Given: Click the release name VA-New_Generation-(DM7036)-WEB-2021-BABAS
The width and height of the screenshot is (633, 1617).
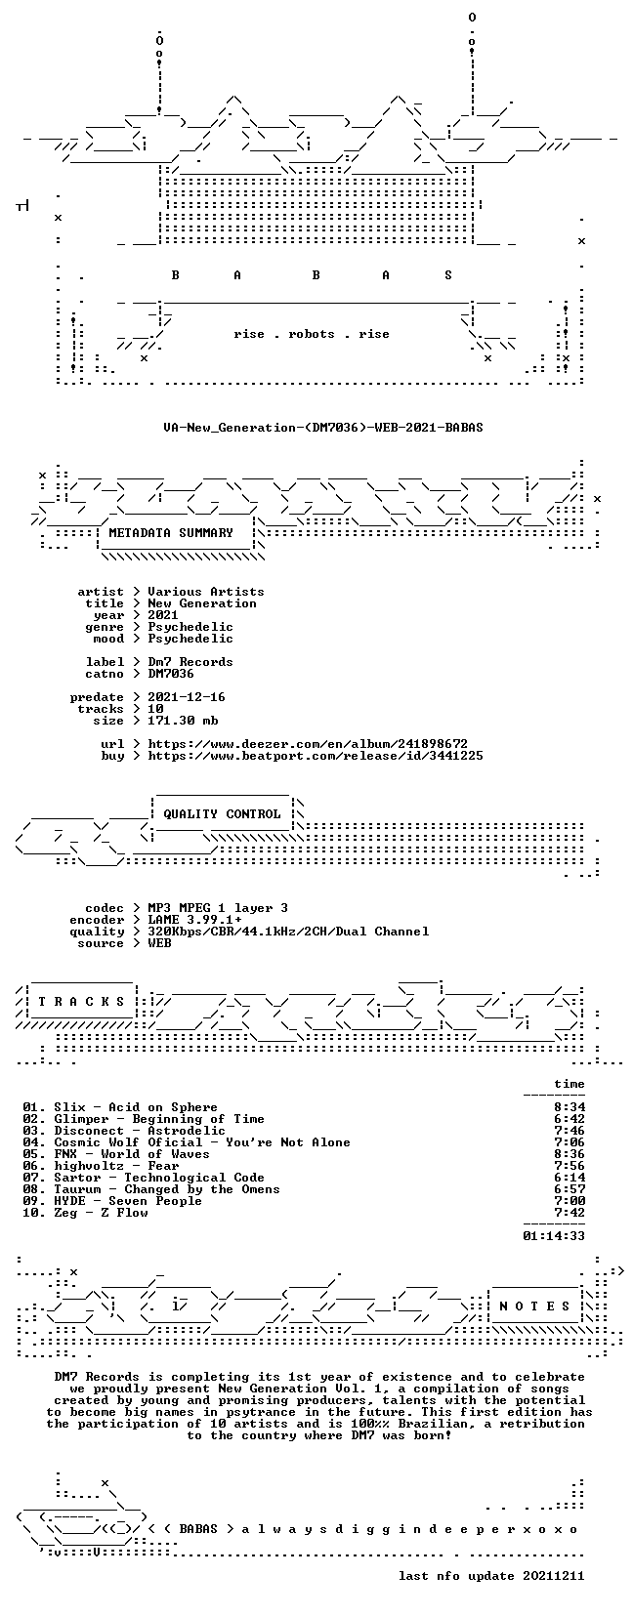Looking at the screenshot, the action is (323, 428).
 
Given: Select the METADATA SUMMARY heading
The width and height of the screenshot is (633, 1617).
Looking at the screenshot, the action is (171, 533).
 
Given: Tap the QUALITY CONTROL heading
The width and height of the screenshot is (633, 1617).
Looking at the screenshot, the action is (222, 813).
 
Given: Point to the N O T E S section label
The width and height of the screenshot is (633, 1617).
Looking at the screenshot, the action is (535, 1306).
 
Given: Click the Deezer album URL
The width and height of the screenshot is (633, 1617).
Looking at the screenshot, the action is (308, 743).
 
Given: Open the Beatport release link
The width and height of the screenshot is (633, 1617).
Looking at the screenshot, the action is (316, 756).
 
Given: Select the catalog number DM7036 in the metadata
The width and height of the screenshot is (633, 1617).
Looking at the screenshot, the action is (170, 674).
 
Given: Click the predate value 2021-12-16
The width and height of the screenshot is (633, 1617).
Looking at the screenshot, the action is (187, 697).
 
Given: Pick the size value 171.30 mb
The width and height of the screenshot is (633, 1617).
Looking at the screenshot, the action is (183, 721).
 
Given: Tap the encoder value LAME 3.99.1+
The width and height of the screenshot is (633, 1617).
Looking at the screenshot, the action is (194, 920).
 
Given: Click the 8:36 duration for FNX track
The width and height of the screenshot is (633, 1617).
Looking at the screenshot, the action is (570, 1154).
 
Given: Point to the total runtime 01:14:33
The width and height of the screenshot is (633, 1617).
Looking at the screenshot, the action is (554, 1236).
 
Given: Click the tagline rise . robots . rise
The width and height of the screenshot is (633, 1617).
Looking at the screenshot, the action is (311, 334).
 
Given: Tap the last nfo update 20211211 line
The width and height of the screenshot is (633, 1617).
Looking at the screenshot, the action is (491, 1576).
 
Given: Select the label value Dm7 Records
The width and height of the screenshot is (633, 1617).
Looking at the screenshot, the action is (190, 662).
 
